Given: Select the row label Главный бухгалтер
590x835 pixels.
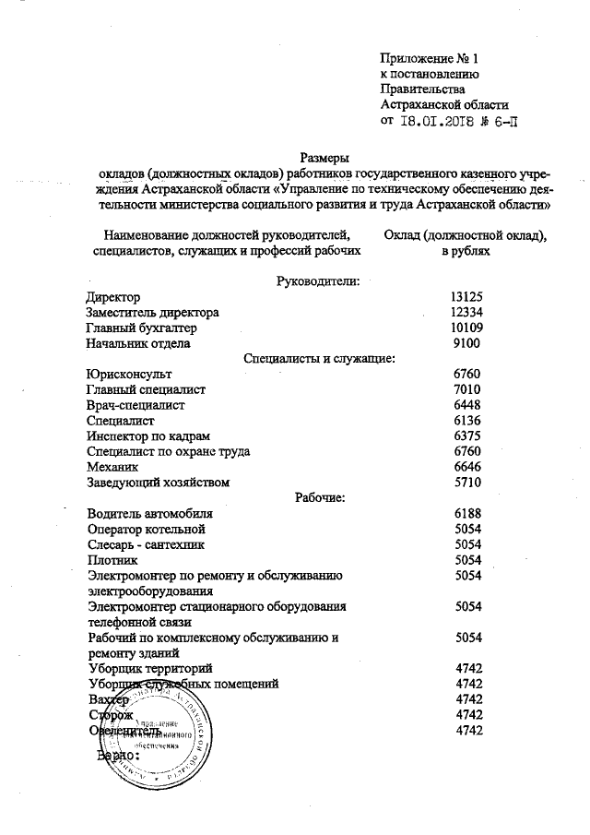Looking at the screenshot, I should tap(141, 328).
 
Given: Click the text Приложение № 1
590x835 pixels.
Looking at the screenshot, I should tap(430, 58).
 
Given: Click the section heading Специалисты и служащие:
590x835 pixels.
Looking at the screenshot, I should tap(320, 358).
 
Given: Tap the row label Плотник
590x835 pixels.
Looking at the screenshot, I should tap(112, 560).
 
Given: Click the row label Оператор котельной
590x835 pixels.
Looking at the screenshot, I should tap(146, 529).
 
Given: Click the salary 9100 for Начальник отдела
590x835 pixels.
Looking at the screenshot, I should tap(467, 343).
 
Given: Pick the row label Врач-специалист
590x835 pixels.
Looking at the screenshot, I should tap(136, 405).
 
